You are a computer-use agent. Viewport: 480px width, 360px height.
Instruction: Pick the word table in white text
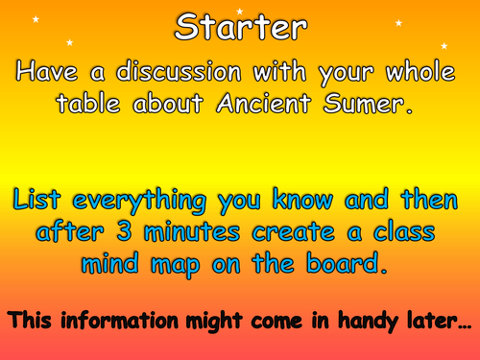tap(102, 106)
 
